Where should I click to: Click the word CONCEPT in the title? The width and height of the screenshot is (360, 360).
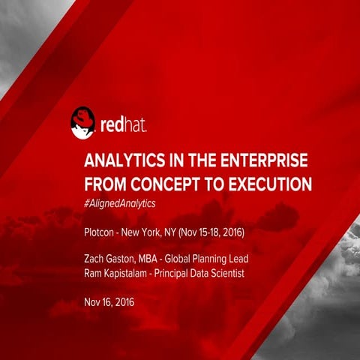(166, 183)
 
